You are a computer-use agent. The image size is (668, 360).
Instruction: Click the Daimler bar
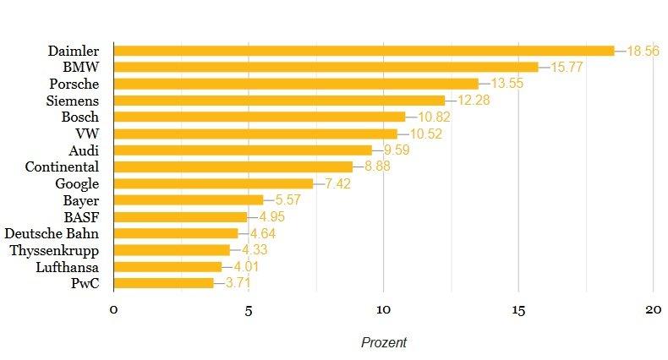coord(364,51)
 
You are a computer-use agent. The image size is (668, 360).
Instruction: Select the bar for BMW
coord(326,67)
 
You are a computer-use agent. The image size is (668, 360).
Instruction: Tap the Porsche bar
coord(296,84)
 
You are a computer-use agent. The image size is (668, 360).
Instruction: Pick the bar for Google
coord(213,183)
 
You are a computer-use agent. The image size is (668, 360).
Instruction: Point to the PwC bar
coord(163,283)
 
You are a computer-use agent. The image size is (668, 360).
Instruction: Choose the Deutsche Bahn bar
coord(176,233)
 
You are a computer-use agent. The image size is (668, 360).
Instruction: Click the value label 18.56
coord(642,51)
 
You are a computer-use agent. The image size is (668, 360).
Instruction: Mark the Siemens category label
coord(73,101)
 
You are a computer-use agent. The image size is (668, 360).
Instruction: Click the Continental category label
coord(63,166)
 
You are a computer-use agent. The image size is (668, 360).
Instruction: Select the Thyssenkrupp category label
coord(54,250)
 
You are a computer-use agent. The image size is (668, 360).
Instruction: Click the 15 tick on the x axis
coord(518,309)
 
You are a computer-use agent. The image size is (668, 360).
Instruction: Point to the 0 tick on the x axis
coord(113,309)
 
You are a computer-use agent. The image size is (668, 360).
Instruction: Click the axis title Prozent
coord(384,342)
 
